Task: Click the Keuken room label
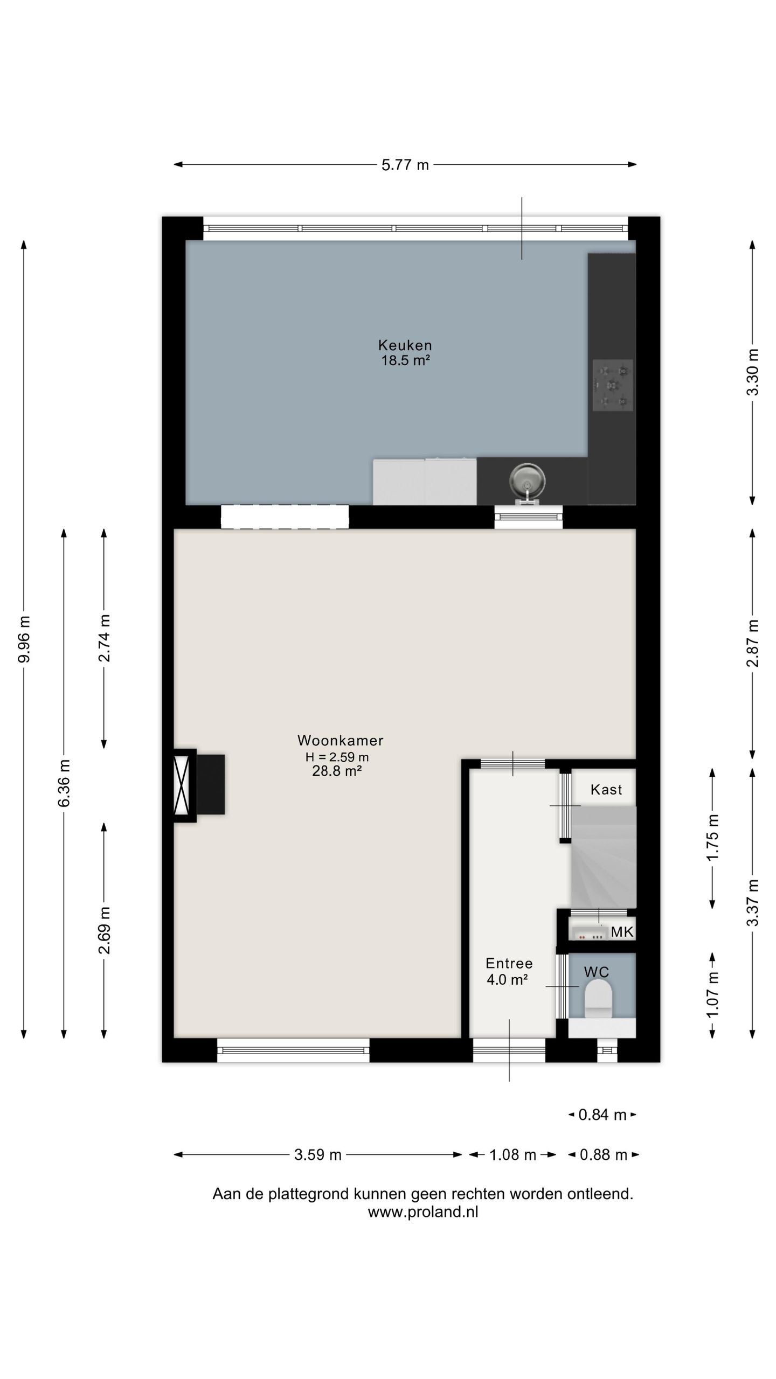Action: (405, 345)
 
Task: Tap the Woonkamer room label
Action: (340, 740)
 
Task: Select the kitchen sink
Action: (527, 479)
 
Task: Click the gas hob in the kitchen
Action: (613, 385)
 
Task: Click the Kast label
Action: (606, 790)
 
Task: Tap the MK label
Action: (621, 932)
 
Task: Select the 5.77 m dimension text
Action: (405, 165)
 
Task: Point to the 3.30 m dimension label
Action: (753, 372)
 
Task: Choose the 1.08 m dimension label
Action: (512, 1155)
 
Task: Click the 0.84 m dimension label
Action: (602, 1115)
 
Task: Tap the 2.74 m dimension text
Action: (104, 638)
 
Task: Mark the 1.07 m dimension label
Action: (712, 994)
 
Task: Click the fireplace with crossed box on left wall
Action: (182, 785)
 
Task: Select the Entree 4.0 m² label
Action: (508, 971)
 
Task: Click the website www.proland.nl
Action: (423, 1212)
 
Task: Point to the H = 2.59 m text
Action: (337, 757)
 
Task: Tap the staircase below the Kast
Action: (604, 856)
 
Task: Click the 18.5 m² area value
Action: (405, 360)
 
